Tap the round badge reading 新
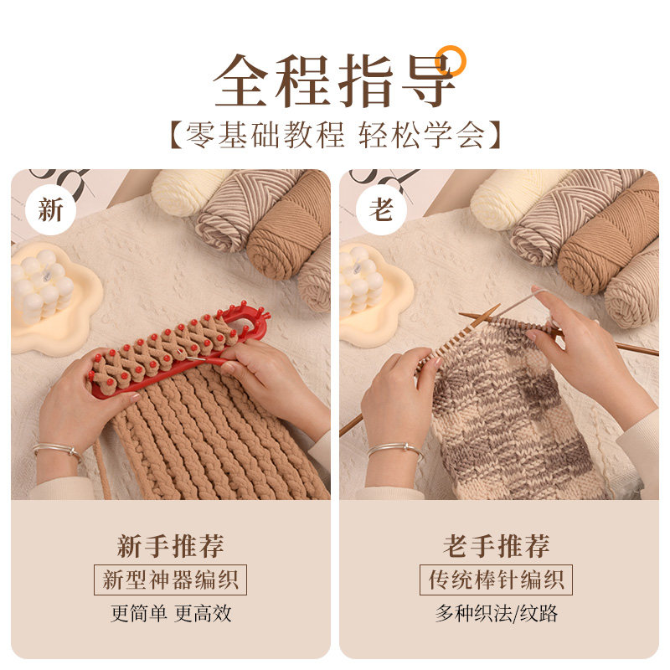click(50, 210)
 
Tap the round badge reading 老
click(381, 210)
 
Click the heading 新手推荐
click(171, 546)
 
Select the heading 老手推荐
click(496, 546)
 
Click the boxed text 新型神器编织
click(171, 580)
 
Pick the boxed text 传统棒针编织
click(496, 580)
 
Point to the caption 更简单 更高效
click(171, 614)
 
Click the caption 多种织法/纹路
click(497, 614)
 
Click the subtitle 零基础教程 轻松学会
click(336, 135)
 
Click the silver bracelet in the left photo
click(58, 450)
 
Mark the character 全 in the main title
click(240, 80)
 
